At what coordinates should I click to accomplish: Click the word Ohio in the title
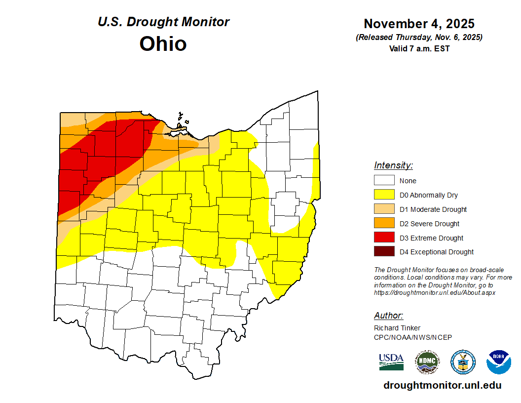pyautogui.click(x=163, y=44)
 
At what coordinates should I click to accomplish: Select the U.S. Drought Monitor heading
pyautogui.click(x=163, y=22)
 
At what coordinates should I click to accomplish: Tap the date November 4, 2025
pyautogui.click(x=419, y=24)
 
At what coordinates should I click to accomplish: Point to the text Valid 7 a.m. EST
pyautogui.click(x=419, y=48)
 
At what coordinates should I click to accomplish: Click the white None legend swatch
pyautogui.click(x=384, y=181)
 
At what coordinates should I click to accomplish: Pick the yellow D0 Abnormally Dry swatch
pyautogui.click(x=384, y=195)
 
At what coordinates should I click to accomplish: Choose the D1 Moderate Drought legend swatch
pyautogui.click(x=384, y=209)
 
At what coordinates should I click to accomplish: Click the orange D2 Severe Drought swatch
pyautogui.click(x=384, y=224)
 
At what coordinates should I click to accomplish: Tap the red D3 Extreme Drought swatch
pyautogui.click(x=384, y=238)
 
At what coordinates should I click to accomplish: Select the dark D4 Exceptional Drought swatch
pyautogui.click(x=384, y=252)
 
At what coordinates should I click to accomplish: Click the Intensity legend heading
pyautogui.click(x=393, y=165)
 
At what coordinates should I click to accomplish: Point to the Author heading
pyautogui.click(x=388, y=316)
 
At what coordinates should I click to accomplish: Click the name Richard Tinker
pyautogui.click(x=397, y=328)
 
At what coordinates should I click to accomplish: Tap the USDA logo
pyautogui.click(x=391, y=362)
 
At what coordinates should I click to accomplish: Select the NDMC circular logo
pyautogui.click(x=427, y=362)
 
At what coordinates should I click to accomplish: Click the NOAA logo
pyautogui.click(x=498, y=362)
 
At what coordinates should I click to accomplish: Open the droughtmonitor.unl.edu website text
pyautogui.click(x=442, y=386)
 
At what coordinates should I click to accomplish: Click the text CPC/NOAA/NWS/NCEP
pyautogui.click(x=413, y=337)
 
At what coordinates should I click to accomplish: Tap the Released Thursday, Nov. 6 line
pyautogui.click(x=419, y=38)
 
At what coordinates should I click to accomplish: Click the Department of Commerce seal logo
pyautogui.click(x=463, y=362)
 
